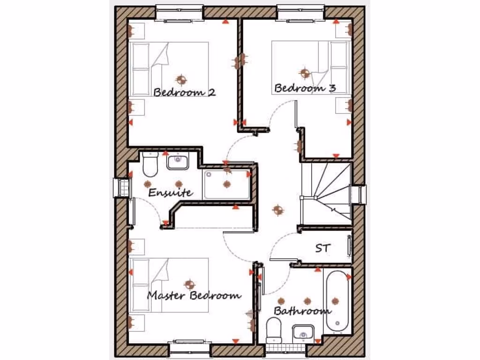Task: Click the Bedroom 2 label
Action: tap(184, 92)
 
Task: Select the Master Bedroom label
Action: tap(194, 295)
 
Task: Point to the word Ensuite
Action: tap(170, 192)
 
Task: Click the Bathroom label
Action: tap(302, 311)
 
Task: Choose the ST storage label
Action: tap(322, 248)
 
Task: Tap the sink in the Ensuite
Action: tap(178, 162)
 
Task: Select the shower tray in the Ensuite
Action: tap(227, 184)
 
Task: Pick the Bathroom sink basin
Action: tap(303, 332)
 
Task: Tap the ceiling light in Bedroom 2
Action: tap(181, 79)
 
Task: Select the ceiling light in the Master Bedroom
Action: tap(189, 283)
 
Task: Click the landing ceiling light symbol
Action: tap(277, 210)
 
